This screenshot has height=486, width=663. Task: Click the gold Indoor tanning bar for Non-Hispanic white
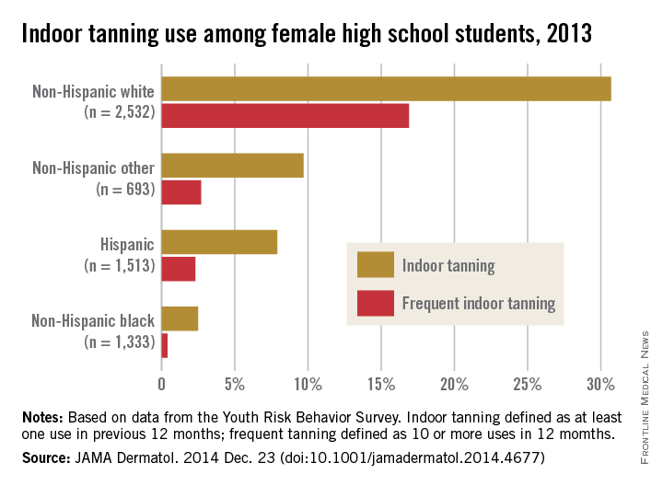point(386,88)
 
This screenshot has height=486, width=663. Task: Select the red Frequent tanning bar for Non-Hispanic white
point(285,117)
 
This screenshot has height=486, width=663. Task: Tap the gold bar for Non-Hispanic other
point(232,165)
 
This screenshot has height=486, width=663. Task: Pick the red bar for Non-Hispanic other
point(181,192)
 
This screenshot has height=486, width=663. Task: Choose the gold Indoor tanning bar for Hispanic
point(219,242)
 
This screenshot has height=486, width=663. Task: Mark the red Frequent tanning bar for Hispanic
point(179,269)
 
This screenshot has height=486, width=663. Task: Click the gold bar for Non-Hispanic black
point(180,318)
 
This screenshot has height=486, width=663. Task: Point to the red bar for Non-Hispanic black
point(165,345)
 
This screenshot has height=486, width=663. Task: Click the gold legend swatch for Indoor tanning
point(375,265)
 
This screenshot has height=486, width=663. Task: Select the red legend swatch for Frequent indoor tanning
point(375,302)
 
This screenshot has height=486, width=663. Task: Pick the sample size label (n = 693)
point(126,191)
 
